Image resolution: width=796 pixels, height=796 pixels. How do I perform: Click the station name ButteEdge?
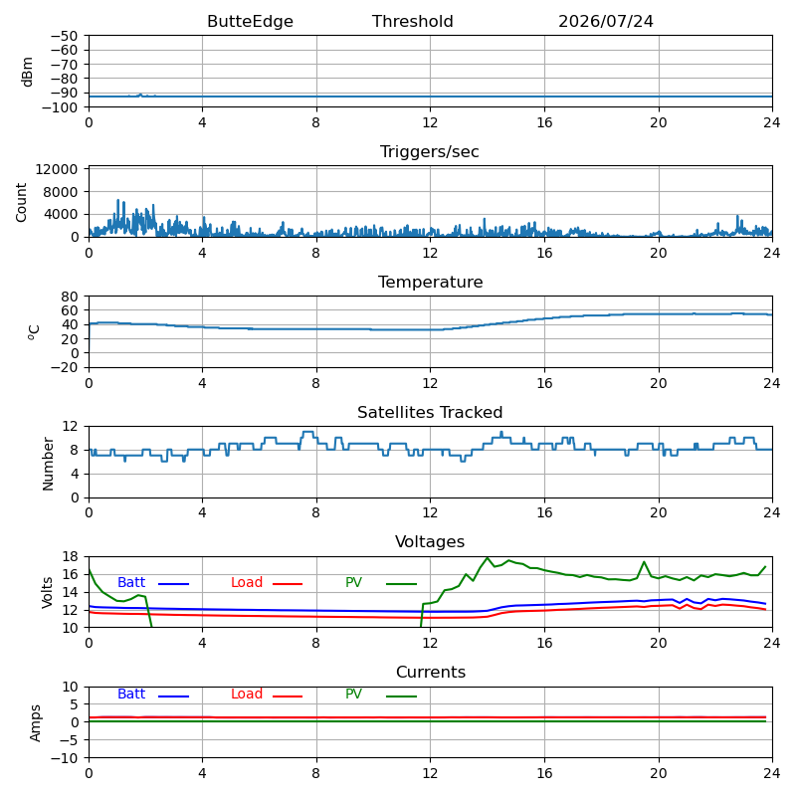(250, 21)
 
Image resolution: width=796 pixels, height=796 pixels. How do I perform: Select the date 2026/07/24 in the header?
(606, 21)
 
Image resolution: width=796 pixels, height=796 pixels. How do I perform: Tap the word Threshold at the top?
(412, 21)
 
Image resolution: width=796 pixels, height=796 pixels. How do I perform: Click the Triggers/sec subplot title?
(430, 152)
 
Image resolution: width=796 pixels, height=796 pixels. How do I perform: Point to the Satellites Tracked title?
(430, 412)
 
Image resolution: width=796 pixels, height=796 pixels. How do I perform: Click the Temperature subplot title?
(430, 282)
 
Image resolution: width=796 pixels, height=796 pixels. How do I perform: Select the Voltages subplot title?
(430, 541)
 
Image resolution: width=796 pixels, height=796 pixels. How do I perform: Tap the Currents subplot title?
(431, 673)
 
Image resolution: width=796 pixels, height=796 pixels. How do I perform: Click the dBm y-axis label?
(27, 72)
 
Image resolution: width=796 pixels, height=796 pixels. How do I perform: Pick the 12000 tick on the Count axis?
(57, 169)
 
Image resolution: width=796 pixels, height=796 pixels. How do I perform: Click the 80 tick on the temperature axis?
(71, 296)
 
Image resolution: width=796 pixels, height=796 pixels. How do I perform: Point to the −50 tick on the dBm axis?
(65, 36)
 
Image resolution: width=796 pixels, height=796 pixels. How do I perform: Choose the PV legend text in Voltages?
(353, 582)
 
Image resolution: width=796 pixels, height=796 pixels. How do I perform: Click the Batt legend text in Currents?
(131, 694)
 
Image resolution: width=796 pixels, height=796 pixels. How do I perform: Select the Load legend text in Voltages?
(246, 582)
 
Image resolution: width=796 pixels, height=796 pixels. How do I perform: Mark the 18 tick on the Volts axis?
(71, 556)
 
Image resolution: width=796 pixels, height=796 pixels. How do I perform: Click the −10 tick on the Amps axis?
(65, 758)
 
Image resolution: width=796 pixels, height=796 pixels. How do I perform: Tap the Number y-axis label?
(48, 464)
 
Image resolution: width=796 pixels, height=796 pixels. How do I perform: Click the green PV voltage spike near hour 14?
(488, 558)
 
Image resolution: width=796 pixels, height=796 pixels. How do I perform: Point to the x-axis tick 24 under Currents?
(772, 773)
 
